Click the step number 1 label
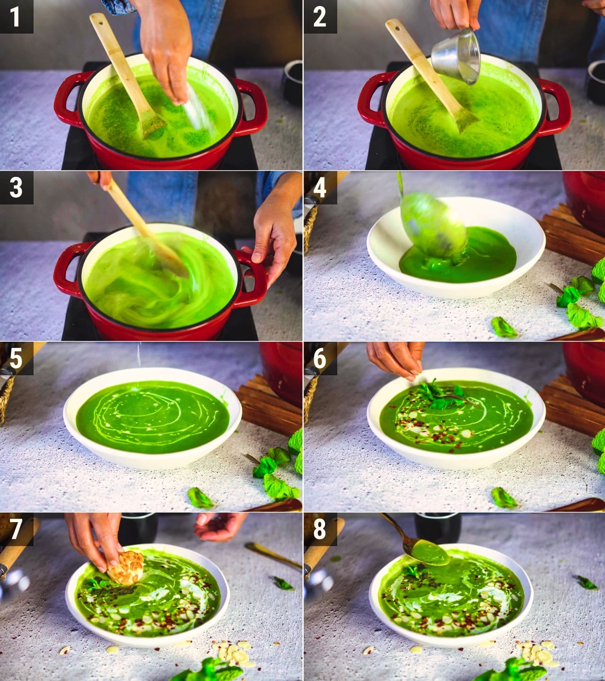16,17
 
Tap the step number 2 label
320,17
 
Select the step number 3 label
16,188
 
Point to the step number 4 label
320,188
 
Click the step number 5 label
16,358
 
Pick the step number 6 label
320,358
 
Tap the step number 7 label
16,529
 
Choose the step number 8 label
320,529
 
